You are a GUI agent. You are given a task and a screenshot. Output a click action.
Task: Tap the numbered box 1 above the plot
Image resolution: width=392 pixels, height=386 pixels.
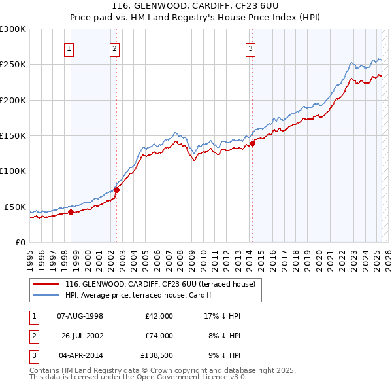69,48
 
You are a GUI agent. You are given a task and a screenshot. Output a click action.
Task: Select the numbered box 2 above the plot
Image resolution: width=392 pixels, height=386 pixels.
114,48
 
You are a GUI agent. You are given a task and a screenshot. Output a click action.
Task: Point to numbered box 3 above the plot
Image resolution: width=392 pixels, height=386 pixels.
250,48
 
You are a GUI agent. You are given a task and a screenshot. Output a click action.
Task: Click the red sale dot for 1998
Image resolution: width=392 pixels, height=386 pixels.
71,211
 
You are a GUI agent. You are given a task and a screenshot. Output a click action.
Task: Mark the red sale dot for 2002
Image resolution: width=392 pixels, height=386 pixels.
116,190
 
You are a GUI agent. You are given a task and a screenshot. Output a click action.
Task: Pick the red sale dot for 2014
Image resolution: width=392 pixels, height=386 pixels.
252,144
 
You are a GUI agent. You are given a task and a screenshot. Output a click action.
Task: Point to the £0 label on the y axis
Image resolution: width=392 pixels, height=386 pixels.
20,242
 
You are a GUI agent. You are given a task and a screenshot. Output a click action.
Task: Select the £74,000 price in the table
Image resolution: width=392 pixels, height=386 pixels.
159,336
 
